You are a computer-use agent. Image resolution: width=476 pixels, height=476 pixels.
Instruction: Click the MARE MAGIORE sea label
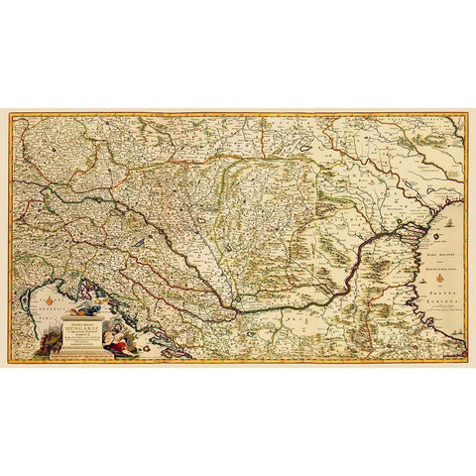point(436,251)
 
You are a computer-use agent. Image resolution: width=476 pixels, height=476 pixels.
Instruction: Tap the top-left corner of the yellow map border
point(11,115)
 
